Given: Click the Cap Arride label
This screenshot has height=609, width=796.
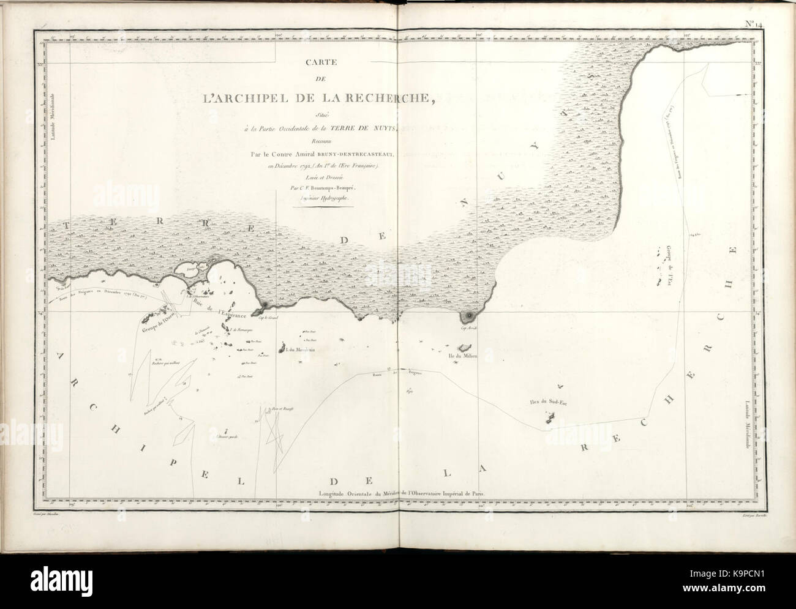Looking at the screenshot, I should pos(468,329).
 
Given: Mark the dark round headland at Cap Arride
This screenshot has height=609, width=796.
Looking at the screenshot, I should pos(469,315).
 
